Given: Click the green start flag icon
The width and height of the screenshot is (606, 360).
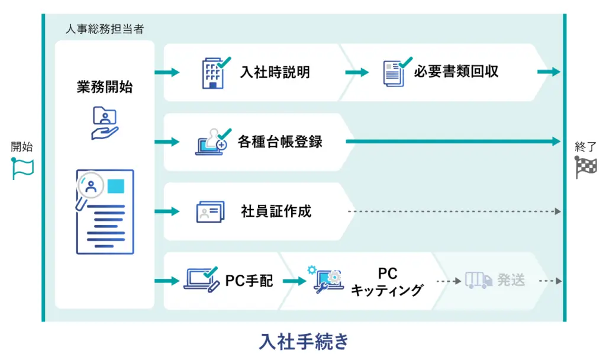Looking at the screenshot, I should coord(23,169).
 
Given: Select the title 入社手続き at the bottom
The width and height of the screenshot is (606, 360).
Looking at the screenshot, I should coord(304,342).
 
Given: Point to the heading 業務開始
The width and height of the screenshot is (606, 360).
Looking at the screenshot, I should coord(105,87).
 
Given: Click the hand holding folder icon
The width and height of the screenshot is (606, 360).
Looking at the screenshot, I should coord(105,123).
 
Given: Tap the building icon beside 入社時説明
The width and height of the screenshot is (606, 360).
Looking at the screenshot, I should coord(212,72).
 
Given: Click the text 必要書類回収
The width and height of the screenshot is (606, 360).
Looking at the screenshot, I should coord(456,72).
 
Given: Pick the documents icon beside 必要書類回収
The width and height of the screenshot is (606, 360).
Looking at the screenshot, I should coord(396,73).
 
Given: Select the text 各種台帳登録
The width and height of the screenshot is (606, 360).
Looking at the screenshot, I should coord(280,142).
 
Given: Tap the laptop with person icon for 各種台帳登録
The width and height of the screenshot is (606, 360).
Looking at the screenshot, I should coord(211,142).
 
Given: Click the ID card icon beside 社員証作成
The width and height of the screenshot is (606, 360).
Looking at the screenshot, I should coord(210,211).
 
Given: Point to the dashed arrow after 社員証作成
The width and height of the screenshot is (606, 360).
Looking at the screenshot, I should coord(453,211).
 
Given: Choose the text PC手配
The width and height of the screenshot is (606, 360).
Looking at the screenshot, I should coord(249,281).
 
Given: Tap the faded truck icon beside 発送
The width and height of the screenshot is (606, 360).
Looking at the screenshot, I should coord(478,280).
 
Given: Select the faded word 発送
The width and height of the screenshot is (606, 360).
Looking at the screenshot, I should coord(511,280).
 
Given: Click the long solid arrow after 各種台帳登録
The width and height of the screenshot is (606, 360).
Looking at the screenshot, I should coord(453,142).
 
